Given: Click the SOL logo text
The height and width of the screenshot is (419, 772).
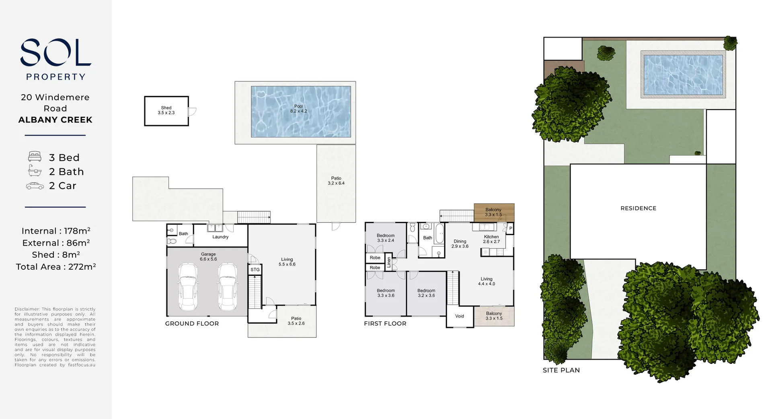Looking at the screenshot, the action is tap(55, 52).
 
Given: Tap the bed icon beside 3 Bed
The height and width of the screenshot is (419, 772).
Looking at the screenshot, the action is tap(35, 157).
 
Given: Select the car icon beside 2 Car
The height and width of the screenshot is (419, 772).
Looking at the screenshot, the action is tap(35, 186).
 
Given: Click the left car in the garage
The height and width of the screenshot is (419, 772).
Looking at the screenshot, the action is tap(187, 287).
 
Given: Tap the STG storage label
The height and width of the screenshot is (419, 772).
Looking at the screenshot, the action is tap(255, 270).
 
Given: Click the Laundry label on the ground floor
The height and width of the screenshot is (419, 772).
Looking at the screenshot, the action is tap(220, 237).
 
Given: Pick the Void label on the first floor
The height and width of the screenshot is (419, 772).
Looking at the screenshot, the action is tap(460, 316).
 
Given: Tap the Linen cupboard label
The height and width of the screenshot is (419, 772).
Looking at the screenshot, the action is tap(389, 263).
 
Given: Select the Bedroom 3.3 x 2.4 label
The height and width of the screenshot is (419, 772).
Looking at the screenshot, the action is tap(386, 238).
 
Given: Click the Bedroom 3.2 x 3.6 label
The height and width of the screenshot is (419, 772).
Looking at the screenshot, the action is tap(426, 293).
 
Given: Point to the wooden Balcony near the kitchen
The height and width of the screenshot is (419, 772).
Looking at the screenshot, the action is tap(494, 213).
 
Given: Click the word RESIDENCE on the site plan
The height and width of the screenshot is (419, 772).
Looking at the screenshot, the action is tap(638, 208).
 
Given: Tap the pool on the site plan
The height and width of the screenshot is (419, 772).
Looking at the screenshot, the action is tap(683, 74).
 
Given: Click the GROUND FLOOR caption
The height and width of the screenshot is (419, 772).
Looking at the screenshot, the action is tap(192, 324).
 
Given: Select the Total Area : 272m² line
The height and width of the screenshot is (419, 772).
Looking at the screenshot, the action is tap(56, 266).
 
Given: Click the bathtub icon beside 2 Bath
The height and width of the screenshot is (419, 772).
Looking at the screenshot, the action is tap(35, 171).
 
